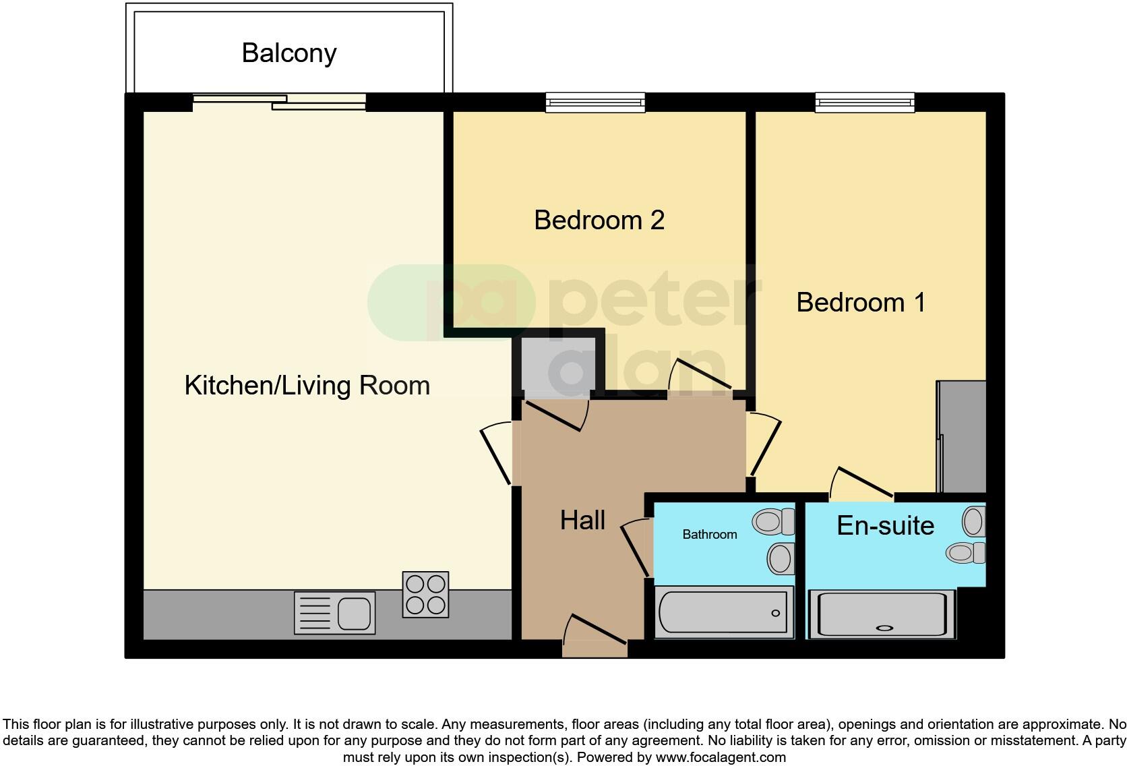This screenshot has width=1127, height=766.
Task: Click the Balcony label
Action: pos(288,53)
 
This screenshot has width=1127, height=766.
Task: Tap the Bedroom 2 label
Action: pos(599,220)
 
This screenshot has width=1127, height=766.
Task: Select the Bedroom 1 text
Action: pos(861,302)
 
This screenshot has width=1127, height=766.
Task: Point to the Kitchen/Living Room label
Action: pos(307,386)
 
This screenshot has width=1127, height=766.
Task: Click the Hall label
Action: pos(582,520)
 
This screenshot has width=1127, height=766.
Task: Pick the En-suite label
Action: pos(885,525)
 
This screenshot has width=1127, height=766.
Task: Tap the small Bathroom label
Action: pos(709,535)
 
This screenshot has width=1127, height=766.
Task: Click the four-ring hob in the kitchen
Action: pos(426,594)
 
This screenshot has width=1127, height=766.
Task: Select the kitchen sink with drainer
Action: pos(334,612)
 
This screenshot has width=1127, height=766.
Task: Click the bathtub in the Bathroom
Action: pos(723,612)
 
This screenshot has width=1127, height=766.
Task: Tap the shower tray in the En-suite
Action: pos(882,614)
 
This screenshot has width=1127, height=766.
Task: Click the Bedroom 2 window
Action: pos(595,102)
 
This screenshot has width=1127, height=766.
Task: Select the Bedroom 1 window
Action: pos(865,102)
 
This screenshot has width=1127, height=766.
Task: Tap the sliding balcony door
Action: pos(280,102)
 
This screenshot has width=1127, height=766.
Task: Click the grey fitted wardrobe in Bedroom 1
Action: pos(963,437)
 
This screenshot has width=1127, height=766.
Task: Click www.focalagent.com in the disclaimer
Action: pos(720,757)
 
